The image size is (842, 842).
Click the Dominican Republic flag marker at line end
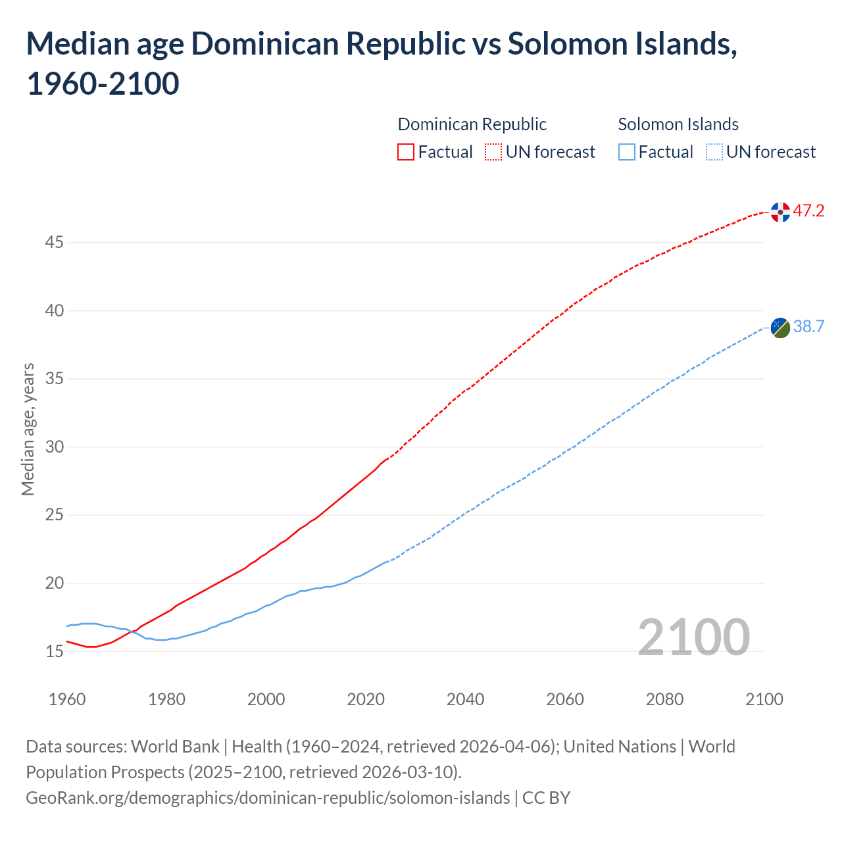coord(780,212)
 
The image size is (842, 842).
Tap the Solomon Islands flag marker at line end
coord(780,328)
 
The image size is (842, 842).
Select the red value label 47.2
coord(808,211)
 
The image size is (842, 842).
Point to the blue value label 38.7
coord(808,327)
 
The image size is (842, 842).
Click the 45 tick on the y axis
coord(54,243)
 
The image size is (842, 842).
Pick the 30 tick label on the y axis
coord(54,447)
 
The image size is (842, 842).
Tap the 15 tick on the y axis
coord(54,652)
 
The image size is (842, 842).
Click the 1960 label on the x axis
coord(67,699)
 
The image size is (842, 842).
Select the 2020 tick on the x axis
coord(366,699)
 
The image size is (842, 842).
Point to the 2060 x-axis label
coord(565,699)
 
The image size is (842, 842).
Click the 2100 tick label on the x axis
coord(764,699)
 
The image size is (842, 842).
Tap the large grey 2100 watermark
coord(693,637)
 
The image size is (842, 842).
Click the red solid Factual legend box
coord(406,153)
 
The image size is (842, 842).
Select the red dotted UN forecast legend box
coord(493,153)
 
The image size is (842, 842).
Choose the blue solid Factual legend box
coord(627,153)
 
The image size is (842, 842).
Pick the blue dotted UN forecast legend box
coord(714,153)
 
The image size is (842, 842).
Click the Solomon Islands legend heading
coord(678,124)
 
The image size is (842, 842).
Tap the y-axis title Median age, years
coord(28,429)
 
